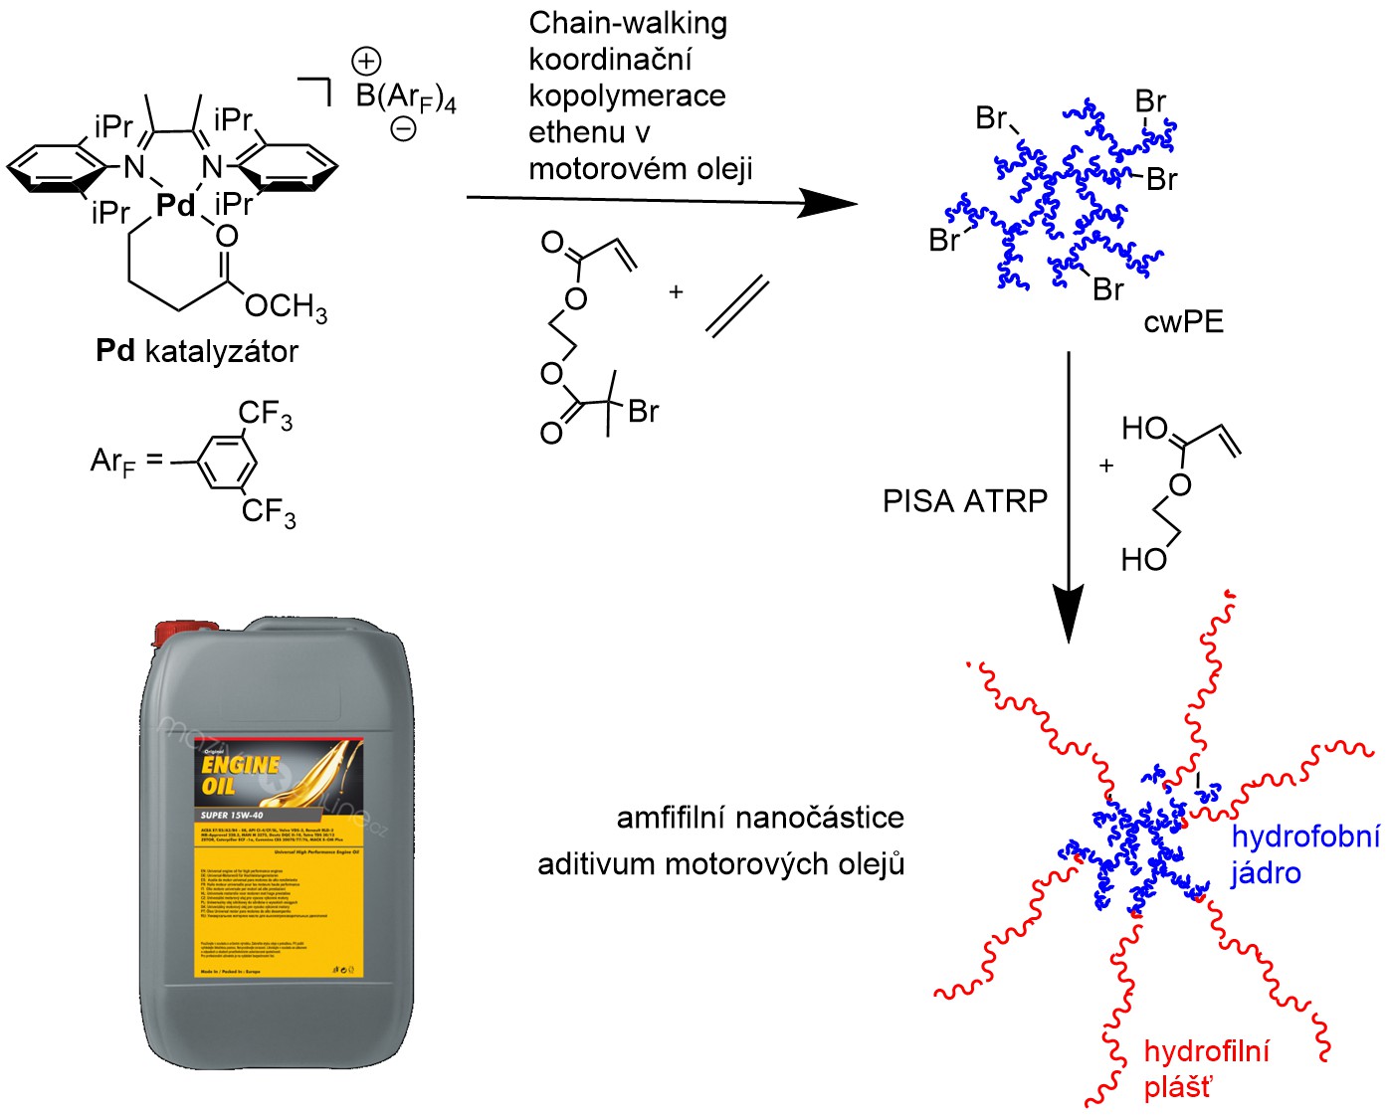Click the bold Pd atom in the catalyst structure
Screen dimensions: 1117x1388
[x=176, y=205]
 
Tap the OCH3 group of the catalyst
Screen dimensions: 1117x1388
[x=286, y=305]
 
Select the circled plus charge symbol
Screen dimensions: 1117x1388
[x=366, y=62]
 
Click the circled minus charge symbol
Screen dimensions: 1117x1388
[x=403, y=128]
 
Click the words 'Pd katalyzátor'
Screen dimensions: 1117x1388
[x=197, y=351]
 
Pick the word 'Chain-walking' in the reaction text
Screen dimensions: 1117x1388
[x=628, y=23]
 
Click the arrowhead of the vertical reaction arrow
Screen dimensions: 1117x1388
[x=1069, y=617]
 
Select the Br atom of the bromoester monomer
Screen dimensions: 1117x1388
[x=643, y=411]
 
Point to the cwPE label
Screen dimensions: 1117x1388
[x=1183, y=322]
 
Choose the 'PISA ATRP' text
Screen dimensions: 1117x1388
[x=965, y=500]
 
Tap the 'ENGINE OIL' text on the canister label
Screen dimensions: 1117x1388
[x=240, y=775]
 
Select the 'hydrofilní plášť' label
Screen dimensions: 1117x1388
[x=1206, y=1069]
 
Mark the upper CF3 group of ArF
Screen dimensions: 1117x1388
[x=266, y=415]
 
